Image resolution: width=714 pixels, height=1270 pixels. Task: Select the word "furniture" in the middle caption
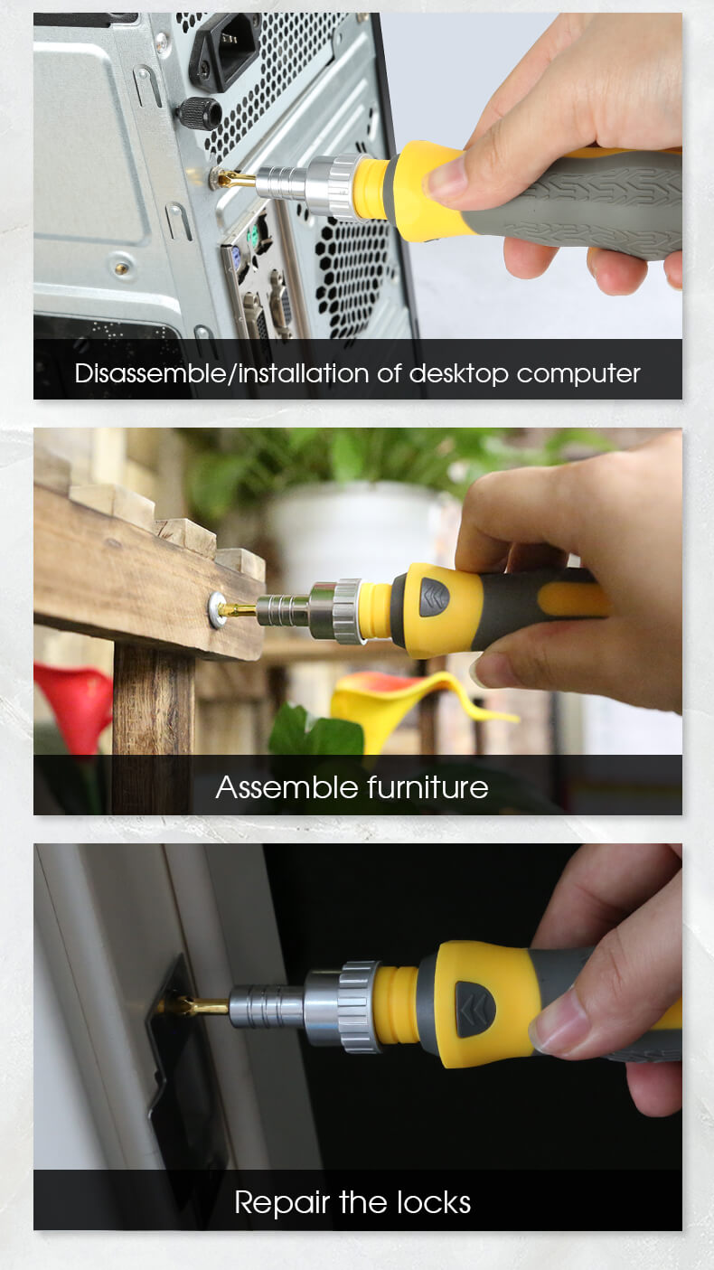coord(427,787)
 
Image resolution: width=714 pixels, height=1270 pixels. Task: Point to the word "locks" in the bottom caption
coord(433,1202)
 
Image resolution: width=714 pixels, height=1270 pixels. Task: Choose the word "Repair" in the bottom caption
coord(282,1203)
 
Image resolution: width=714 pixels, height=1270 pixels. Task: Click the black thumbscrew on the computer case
coord(198,111)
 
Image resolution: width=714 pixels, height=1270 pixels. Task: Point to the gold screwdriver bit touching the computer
coord(236,179)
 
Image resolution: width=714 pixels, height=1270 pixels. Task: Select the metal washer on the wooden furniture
coord(217,609)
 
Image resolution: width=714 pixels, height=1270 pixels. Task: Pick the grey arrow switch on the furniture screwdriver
coord(434,597)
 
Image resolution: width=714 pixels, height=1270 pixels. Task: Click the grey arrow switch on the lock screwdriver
coord(475,1010)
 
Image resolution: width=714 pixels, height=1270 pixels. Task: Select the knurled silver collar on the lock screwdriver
coord(359,1006)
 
